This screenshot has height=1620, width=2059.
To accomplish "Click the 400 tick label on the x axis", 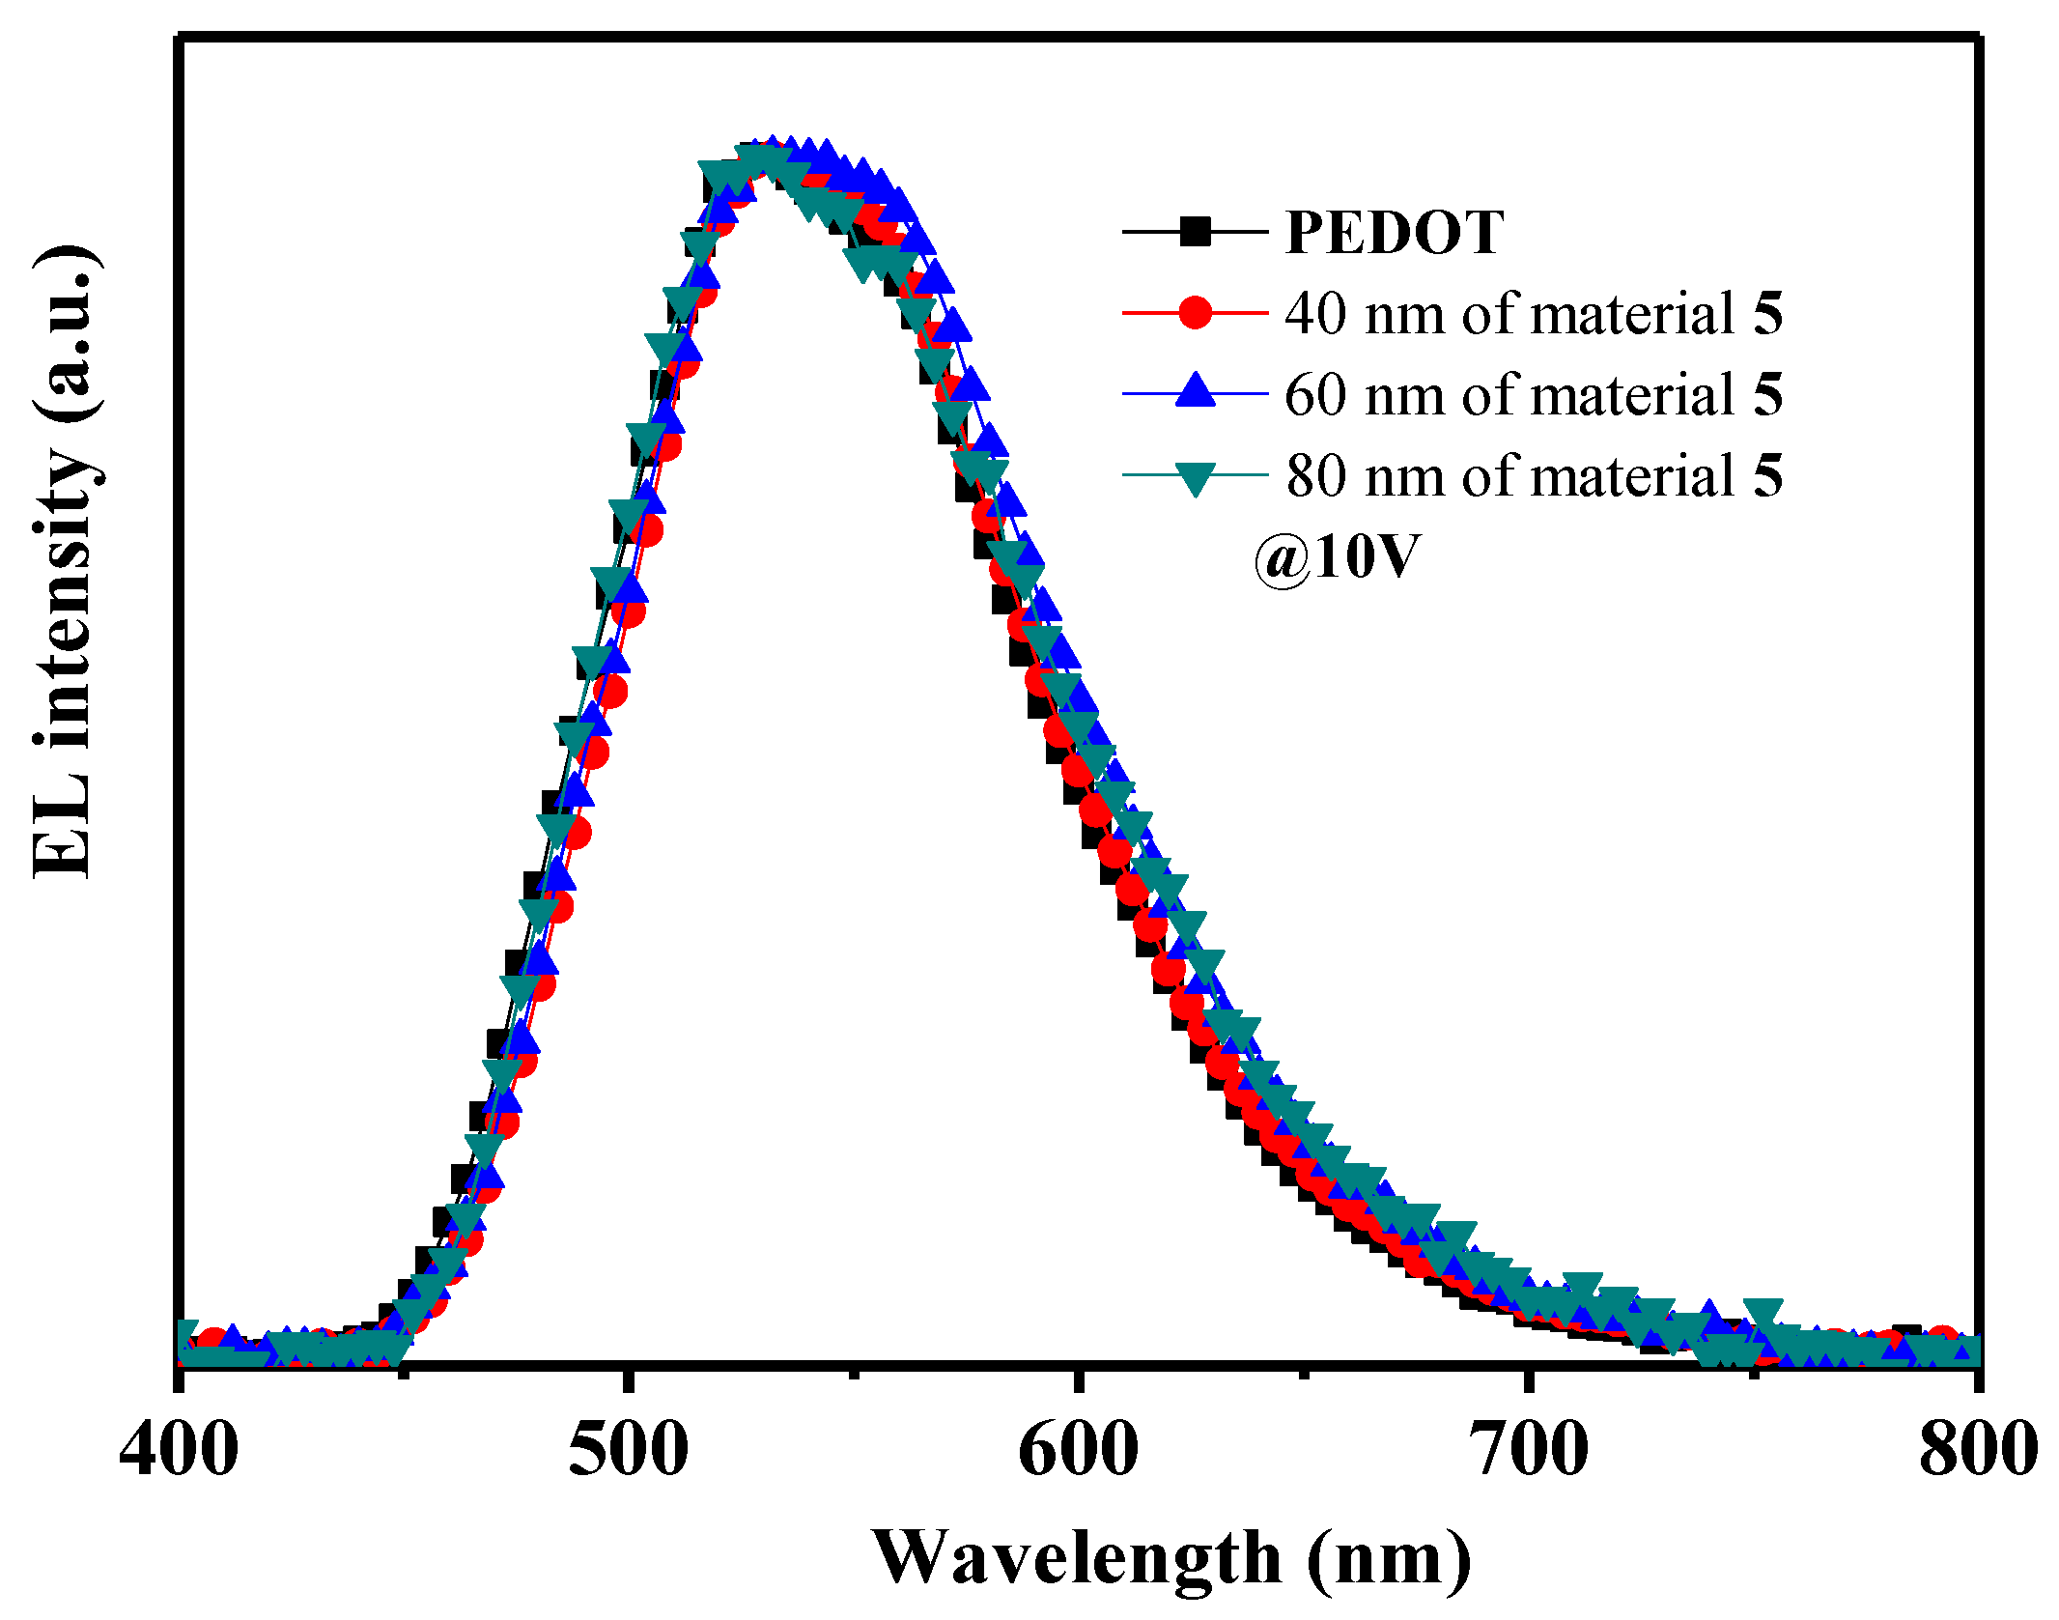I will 179,1450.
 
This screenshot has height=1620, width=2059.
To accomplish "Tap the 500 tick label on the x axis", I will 629,1450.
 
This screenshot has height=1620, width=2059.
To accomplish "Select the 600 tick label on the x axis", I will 1079,1450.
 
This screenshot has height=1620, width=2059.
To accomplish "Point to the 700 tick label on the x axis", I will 1529,1450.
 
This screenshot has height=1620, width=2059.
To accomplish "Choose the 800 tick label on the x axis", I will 1977,1450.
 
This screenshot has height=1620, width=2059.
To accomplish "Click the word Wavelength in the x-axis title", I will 1077,1558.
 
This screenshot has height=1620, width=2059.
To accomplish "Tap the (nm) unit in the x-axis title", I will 1389,1558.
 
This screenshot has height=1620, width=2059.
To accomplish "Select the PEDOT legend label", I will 1394,233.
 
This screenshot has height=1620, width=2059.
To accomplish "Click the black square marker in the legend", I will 1195,232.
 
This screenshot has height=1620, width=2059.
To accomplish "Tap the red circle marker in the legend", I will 1195,313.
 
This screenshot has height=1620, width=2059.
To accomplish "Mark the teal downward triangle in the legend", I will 1195,477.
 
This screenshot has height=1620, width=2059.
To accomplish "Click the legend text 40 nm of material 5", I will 1533,314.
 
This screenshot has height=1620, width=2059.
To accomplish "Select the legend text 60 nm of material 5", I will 1533,395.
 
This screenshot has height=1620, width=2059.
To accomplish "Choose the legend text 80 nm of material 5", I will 1533,476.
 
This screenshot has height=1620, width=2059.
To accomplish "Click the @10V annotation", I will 1337,558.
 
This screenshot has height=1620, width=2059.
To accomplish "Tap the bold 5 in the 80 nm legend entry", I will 1767,476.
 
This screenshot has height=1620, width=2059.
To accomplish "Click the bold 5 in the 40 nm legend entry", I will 1767,314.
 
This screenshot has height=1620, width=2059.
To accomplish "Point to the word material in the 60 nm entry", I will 1632,395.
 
